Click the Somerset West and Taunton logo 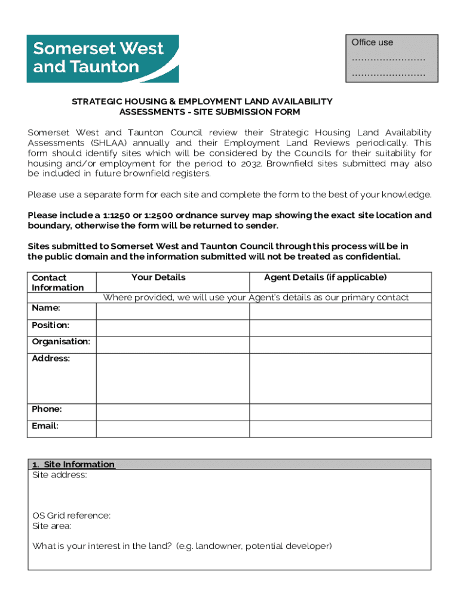pos(102,58)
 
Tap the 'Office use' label pos(372,42)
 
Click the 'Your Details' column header pos(158,277)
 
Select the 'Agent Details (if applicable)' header pos(326,277)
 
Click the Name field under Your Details pos(173,311)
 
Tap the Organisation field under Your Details pos(173,344)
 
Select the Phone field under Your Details pos(173,412)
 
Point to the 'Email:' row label pos(45,426)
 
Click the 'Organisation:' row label pos(60,342)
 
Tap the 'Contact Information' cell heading pos(57,282)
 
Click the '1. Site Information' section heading pos(73,464)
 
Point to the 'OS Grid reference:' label pos(71,516)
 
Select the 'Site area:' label pos(52,526)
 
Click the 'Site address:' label pos(59,475)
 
